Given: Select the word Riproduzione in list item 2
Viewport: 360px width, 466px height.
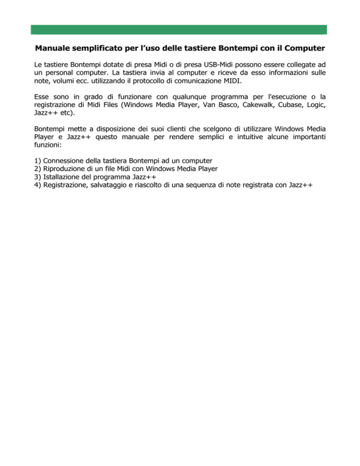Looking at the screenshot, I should click(66, 169).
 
